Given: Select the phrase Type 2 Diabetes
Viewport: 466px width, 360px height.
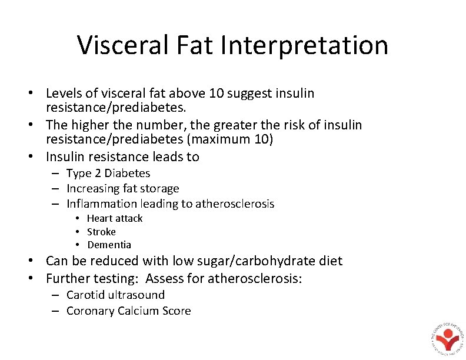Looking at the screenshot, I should tap(108, 173).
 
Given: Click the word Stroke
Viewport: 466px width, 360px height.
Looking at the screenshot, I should tap(101, 231).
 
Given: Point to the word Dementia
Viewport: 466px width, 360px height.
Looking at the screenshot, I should tap(109, 245).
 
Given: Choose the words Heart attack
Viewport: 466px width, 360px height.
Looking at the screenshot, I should tap(115, 218).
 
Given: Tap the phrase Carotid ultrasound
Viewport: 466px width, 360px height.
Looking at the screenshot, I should tap(115, 295).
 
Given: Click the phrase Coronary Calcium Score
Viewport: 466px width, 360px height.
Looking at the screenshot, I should tap(128, 311).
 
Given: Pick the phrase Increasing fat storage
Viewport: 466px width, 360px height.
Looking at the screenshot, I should tap(122, 188).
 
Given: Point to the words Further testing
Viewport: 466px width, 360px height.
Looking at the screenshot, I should tap(91, 278).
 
